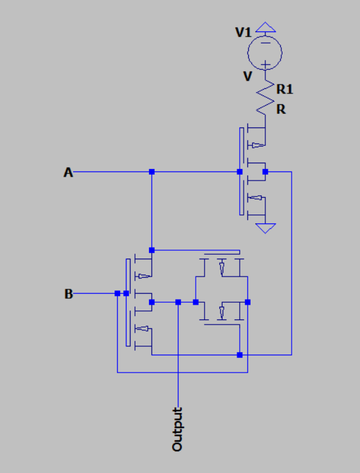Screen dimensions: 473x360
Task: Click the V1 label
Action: pyautogui.click(x=244, y=33)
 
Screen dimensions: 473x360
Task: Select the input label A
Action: pyautogui.click(x=67, y=172)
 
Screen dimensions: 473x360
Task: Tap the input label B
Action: pyautogui.click(x=68, y=294)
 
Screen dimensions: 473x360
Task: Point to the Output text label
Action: pyautogui.click(x=178, y=429)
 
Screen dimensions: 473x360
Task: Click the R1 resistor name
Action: pyautogui.click(x=285, y=90)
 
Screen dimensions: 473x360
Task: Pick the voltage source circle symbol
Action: pyautogui.click(x=265, y=51)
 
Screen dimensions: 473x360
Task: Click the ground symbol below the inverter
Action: pyautogui.click(x=265, y=228)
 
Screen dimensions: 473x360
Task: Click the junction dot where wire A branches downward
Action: pyautogui.click(x=152, y=172)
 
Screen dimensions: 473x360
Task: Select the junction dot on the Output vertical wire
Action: pyautogui.click(x=178, y=301)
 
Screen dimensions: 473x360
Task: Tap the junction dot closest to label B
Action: pyautogui.click(x=118, y=293)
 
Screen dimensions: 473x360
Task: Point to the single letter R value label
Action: pyautogui.click(x=281, y=109)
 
